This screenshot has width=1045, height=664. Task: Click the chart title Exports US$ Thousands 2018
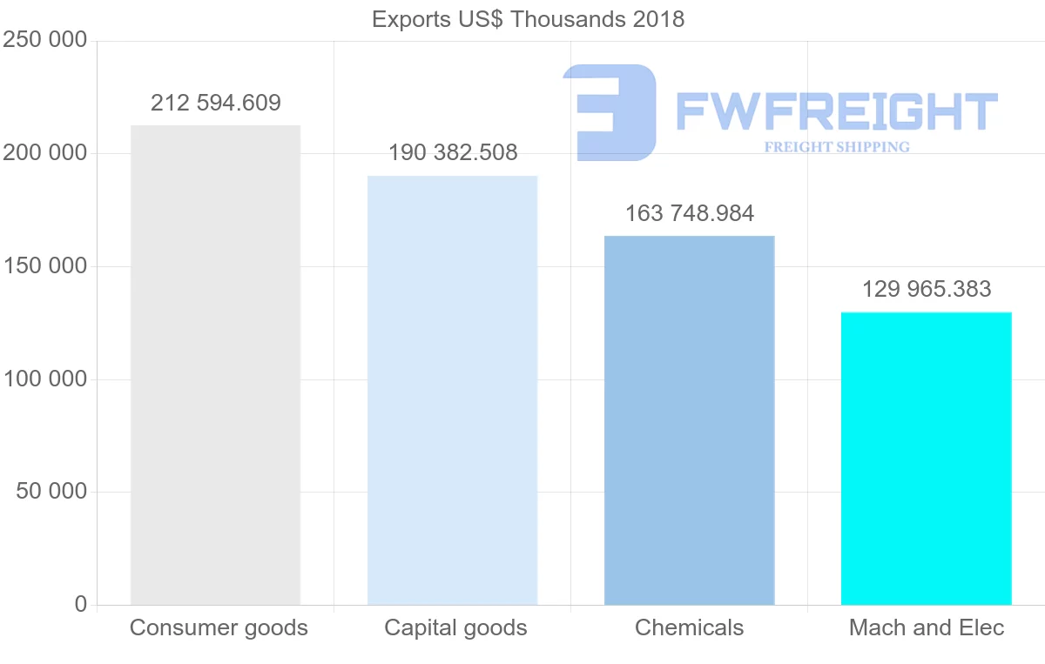528,19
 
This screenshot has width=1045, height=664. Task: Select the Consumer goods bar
215,365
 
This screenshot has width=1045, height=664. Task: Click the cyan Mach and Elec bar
926,458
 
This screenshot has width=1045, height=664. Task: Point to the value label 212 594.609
216,104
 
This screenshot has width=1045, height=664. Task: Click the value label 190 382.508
453,153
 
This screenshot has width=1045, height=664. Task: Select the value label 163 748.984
690,213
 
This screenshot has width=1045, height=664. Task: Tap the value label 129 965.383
927,289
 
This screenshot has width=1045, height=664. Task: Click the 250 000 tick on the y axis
45,40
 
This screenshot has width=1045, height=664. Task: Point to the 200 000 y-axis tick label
45,153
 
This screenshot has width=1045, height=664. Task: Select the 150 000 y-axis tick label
45,266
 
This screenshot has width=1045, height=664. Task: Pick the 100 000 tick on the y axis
45,379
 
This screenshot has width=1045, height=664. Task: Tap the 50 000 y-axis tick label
51,492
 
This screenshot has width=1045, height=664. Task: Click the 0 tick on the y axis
81,604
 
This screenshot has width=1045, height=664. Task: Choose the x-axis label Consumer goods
219,627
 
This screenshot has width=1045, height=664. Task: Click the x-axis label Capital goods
455,627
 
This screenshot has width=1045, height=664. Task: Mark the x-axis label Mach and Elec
927,627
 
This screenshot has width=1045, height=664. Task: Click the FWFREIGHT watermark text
836,111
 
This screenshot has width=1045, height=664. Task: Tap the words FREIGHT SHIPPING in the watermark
837,147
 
